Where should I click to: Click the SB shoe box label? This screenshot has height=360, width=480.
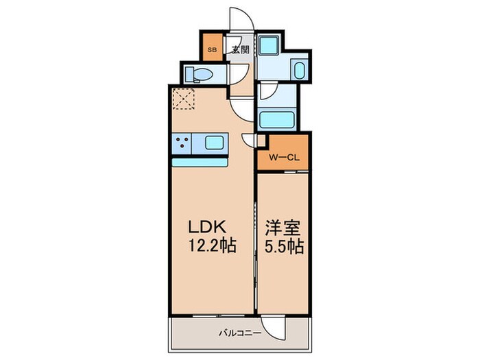pyautogui.click(x=212, y=49)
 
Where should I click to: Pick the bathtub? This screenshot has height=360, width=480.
pyautogui.click(x=277, y=119)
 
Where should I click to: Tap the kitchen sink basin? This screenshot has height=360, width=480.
pyautogui.click(x=213, y=143)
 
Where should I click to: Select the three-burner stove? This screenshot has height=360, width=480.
pyautogui.click(x=183, y=143)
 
